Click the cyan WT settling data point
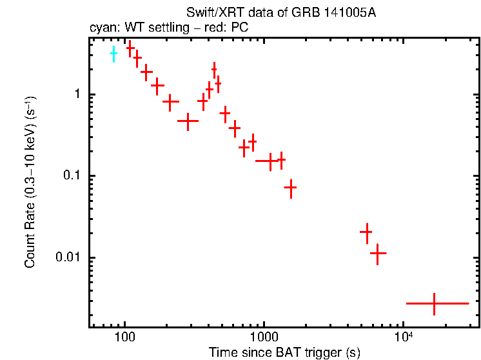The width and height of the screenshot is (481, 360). tap(113, 54)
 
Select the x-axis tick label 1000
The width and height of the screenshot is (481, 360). tap(264, 337)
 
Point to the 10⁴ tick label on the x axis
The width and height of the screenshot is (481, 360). tap(403, 336)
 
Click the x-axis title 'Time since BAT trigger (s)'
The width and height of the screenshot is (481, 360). tap(284, 352)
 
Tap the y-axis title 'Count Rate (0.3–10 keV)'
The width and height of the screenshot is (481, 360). tap(30, 183)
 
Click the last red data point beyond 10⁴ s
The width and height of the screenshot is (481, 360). tap(434, 303)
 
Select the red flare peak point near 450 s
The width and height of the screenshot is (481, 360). tap(214, 69)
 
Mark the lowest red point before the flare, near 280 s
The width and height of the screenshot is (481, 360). tap(188, 121)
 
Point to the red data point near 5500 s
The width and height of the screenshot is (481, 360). tap(366, 232)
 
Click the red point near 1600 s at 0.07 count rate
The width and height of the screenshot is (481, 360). tap(291, 188)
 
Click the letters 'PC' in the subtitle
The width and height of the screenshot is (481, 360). tap(240, 28)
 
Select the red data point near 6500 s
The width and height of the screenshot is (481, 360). tap(378, 254)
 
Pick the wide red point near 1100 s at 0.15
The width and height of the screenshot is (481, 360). tap(270, 161)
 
